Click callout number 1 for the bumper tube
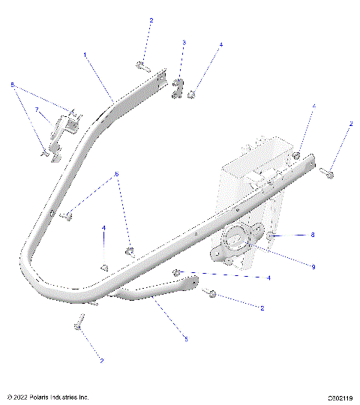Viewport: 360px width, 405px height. tap(85, 55)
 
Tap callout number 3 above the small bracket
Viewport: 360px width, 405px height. tap(184, 43)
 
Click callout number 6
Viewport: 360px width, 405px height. tap(116, 175)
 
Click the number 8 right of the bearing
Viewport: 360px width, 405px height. tap(313, 235)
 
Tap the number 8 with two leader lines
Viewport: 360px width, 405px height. tap(13, 85)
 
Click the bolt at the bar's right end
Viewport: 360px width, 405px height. tap(328, 173)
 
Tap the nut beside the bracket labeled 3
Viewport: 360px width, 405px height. tap(192, 94)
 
